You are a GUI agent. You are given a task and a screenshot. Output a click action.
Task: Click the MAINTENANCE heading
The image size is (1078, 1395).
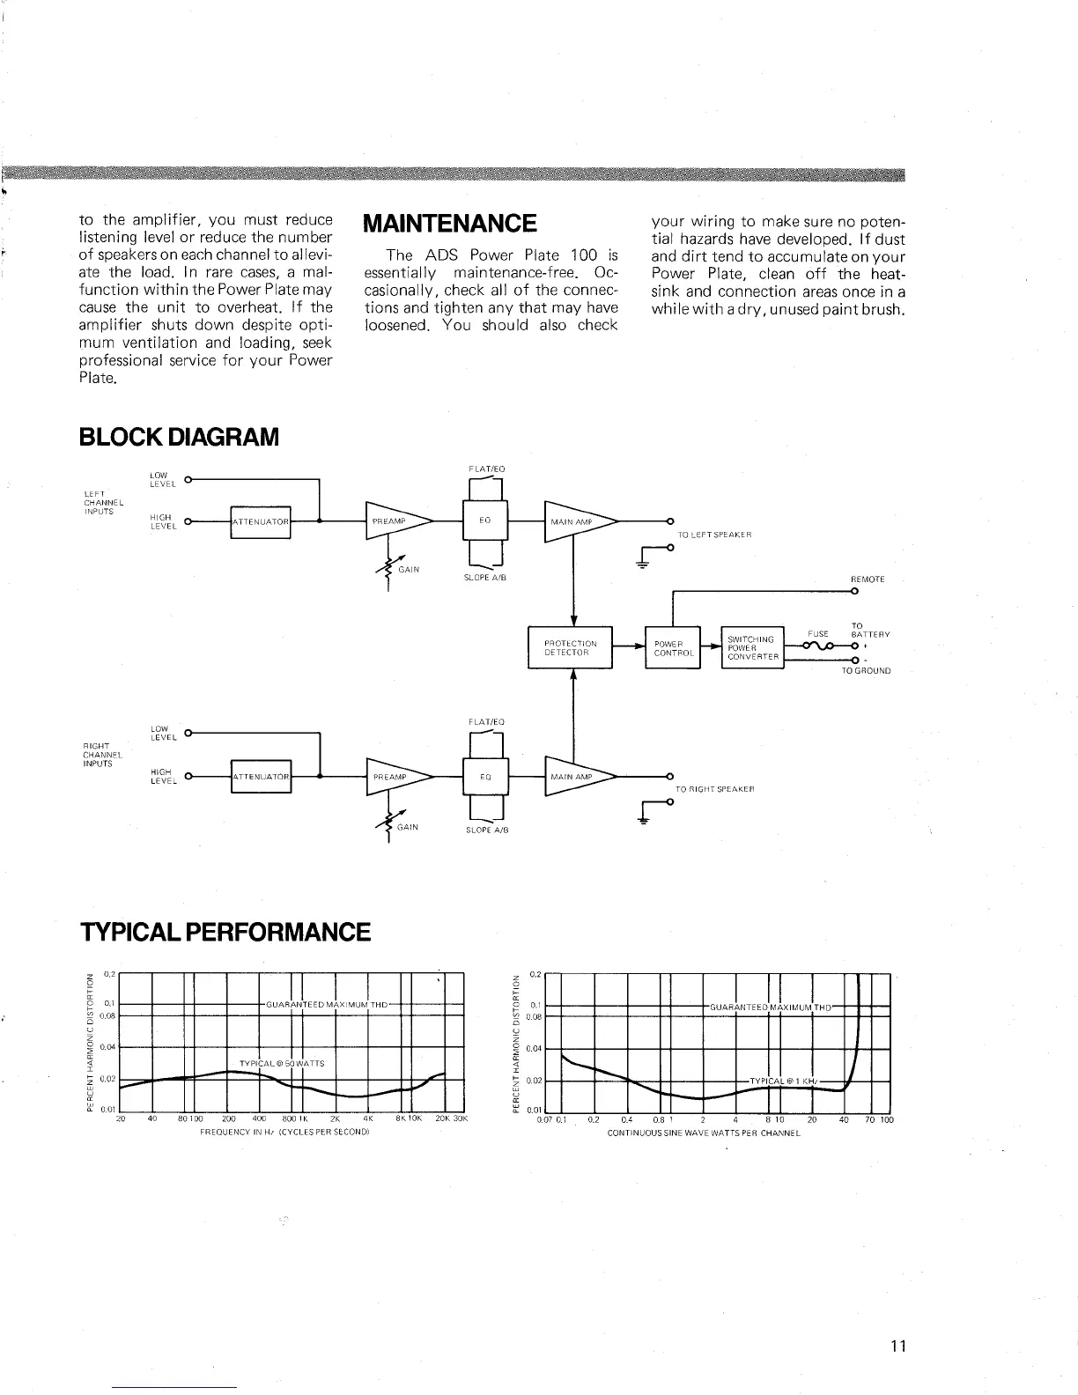point(449,223)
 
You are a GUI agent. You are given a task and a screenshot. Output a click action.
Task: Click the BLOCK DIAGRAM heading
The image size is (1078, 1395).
point(179,436)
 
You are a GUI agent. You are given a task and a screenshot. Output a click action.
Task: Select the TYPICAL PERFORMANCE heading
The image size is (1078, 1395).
point(225,932)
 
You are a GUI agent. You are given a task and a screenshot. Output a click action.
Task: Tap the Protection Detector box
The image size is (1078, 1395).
point(570,648)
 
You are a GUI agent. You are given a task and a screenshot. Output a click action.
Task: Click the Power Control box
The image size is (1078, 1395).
point(672,648)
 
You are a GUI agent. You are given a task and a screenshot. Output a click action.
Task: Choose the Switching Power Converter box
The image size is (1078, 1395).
point(750,648)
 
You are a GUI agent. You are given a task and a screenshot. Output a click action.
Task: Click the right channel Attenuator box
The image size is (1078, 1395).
point(260,777)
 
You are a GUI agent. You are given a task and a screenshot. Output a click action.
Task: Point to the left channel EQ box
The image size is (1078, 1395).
point(484,521)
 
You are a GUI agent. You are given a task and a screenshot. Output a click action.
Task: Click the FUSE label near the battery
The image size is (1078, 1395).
point(818,633)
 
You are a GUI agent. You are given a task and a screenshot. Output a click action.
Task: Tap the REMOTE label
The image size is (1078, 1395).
point(867,579)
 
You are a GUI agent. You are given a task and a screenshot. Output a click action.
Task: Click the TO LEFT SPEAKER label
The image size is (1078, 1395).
point(713,535)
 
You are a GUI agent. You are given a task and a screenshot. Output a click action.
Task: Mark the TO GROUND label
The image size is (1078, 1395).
point(866,671)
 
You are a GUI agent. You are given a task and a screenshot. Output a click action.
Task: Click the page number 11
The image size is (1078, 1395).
point(897,1346)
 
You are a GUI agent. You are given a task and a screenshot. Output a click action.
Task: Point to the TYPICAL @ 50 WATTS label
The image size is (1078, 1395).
point(282,1063)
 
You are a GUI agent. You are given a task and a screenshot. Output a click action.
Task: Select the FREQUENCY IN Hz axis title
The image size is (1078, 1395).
point(284,1132)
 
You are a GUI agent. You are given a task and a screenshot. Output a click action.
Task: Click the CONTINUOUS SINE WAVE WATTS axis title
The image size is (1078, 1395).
point(704,1132)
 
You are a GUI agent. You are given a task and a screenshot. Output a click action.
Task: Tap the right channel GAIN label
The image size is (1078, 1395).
point(408,828)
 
